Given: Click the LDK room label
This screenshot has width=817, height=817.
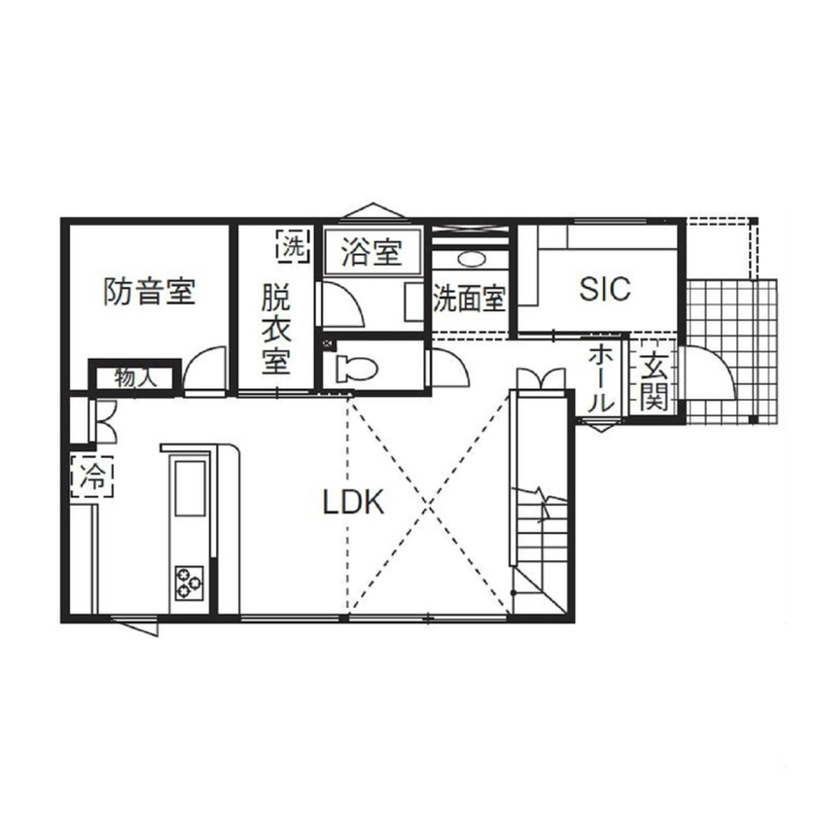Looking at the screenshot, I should (x=355, y=503).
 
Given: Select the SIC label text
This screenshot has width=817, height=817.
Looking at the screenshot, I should (x=605, y=289).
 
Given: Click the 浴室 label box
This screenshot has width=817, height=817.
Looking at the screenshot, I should (x=372, y=253).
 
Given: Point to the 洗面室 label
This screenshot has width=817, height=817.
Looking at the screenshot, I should (x=469, y=298).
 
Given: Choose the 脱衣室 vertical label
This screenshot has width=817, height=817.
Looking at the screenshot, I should (x=275, y=330).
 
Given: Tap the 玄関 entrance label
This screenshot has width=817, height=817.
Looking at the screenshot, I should (x=654, y=382).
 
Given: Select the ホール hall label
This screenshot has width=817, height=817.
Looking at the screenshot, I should (x=600, y=378).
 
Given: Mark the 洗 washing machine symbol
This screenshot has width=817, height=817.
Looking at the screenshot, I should (x=292, y=246).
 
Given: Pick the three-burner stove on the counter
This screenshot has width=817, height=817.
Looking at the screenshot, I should (x=188, y=582).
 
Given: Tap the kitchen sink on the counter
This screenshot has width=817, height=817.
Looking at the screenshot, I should (x=189, y=494).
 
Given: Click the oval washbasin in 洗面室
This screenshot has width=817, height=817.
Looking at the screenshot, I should (x=474, y=260).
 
